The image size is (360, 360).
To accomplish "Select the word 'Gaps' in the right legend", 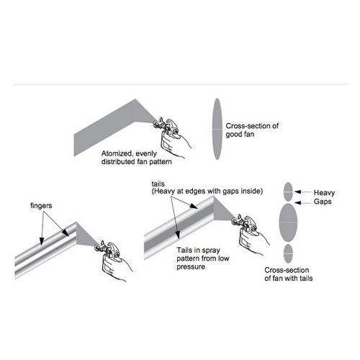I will pos(324,204).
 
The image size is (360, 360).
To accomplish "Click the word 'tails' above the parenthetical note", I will pos(159,183).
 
